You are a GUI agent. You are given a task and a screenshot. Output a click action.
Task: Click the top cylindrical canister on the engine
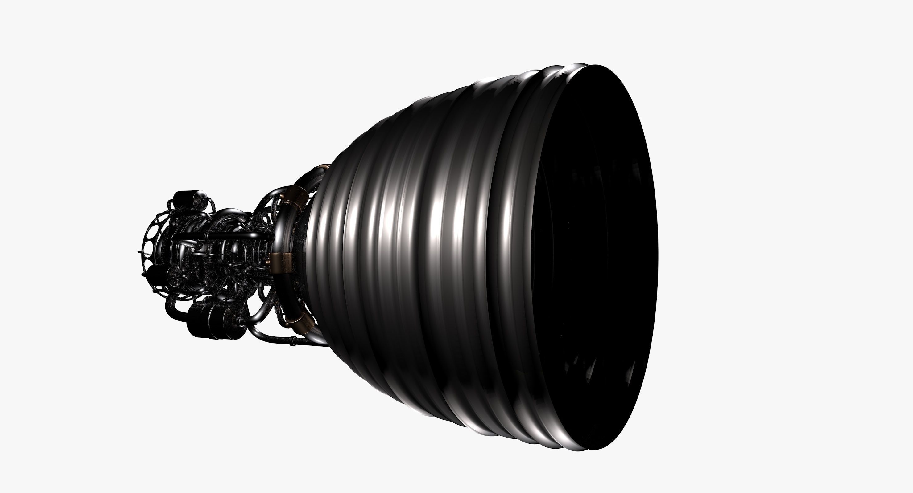(x=188, y=197)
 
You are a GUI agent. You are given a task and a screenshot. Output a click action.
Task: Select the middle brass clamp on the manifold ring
(x=280, y=263)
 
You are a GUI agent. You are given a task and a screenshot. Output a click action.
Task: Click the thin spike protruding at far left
(x=140, y=252)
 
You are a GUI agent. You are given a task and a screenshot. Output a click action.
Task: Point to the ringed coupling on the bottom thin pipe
(x=293, y=341)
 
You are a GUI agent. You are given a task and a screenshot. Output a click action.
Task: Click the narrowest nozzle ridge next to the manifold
(x=314, y=248)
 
